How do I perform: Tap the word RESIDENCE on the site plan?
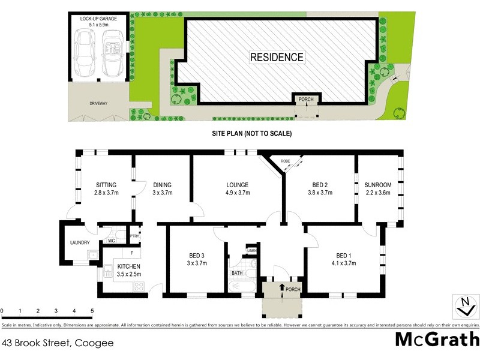pos(277,58)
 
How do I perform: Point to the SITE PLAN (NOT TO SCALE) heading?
pos(251,134)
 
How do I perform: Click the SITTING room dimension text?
pos(106,193)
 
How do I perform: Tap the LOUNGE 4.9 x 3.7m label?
pos(238,189)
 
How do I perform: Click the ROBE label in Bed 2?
pos(285,161)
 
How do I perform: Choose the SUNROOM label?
pos(378,185)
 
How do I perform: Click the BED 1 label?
pos(343,254)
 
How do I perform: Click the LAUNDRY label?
pos(80,242)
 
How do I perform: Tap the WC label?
pos(112,241)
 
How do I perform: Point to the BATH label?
pos(237,273)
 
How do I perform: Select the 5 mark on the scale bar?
pos(92,311)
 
